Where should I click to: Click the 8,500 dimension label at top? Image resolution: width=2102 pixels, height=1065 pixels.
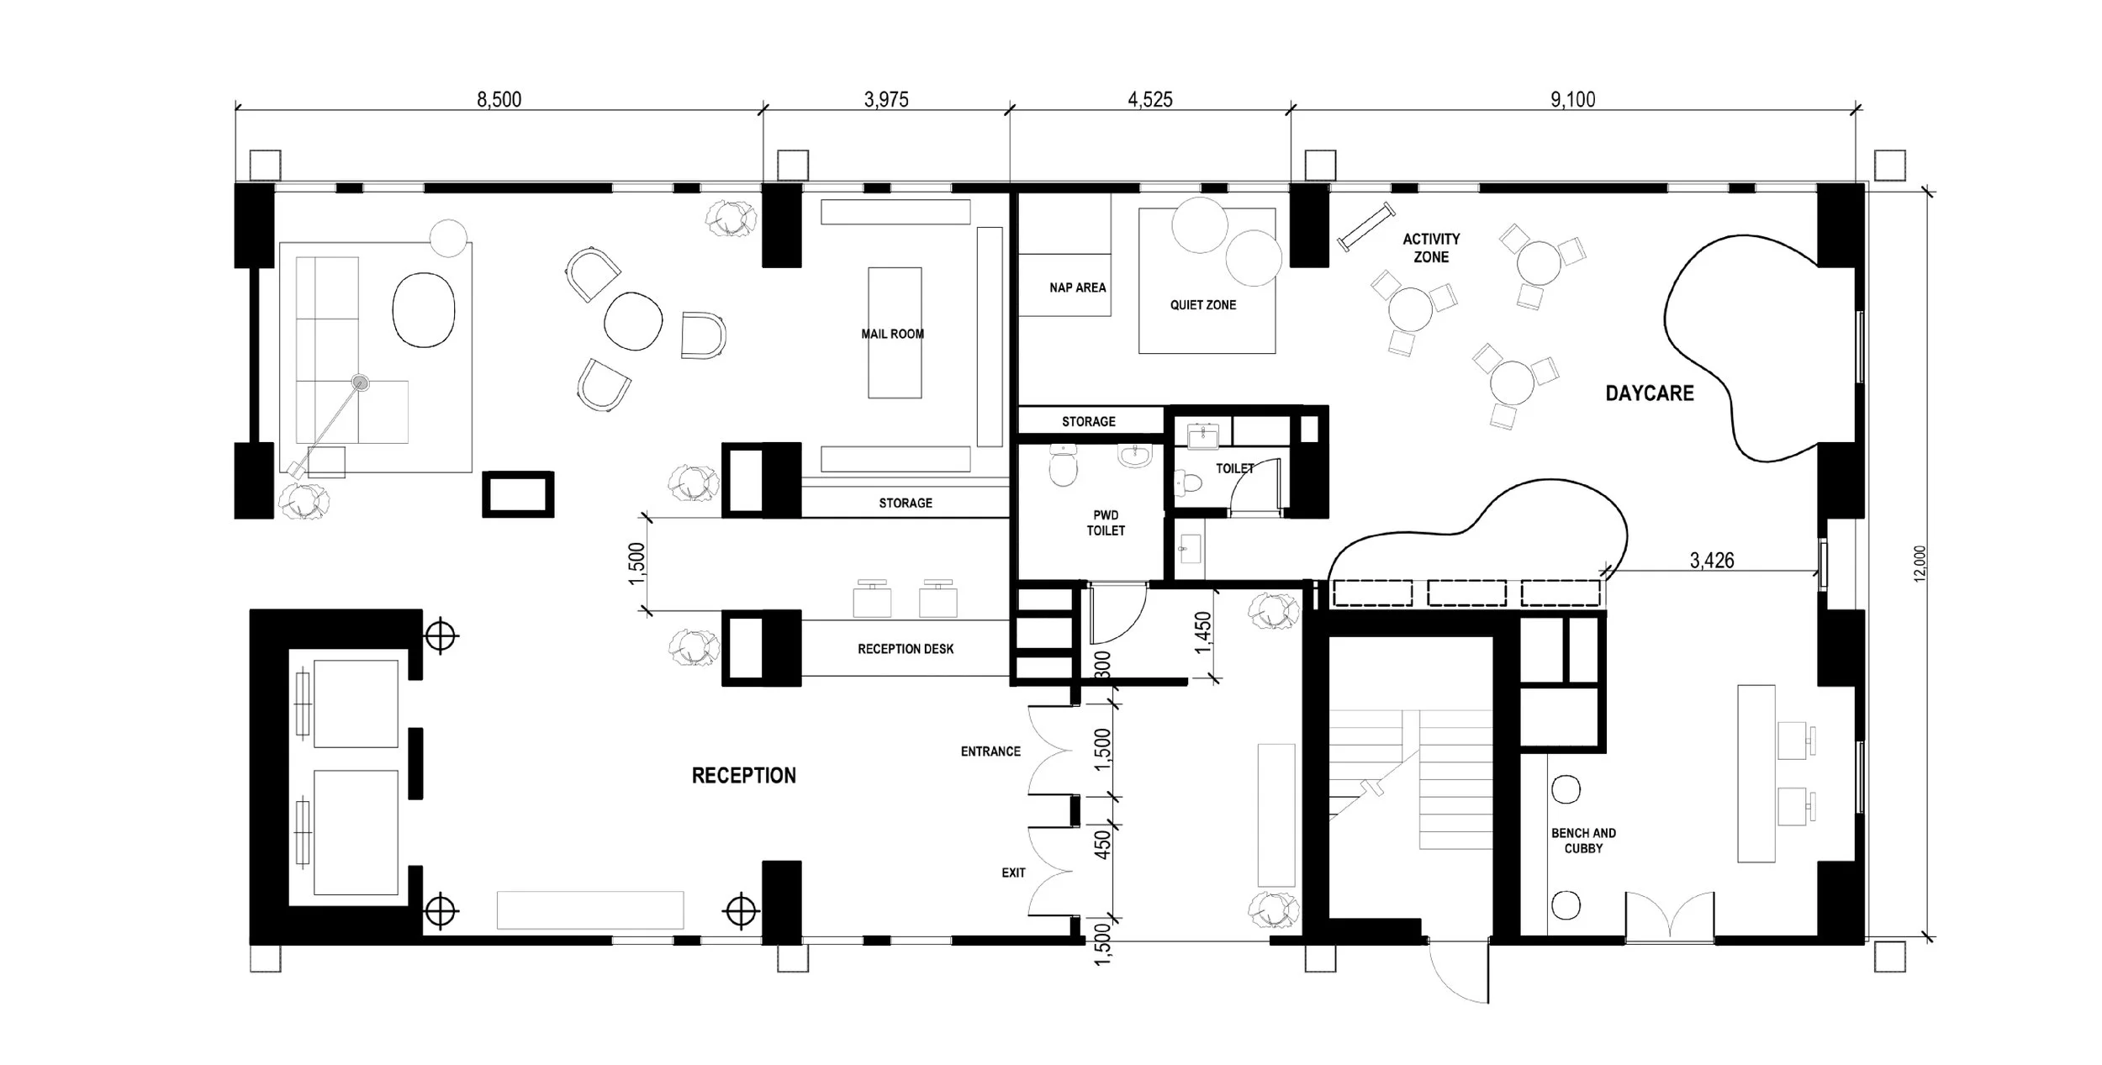pos(499,99)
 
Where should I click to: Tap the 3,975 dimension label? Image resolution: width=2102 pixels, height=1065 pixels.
pos(886,99)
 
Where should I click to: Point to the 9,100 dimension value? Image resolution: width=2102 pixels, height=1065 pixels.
pos(1572,99)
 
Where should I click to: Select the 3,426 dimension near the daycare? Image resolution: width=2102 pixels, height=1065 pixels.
pos(1712,560)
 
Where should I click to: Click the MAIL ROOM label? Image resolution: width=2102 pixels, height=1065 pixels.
pos(892,334)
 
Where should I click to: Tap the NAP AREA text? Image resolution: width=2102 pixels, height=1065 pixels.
pos(1077,287)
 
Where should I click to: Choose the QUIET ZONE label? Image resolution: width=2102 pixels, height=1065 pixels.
pos(1203,305)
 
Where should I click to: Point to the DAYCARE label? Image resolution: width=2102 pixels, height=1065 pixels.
pos(1650,393)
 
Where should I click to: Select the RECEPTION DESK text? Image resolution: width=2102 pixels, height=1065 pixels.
pos(906,649)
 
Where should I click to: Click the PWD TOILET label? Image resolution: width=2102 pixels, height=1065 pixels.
pos(1106,523)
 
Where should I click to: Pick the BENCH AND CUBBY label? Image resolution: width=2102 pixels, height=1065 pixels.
pos(1583,841)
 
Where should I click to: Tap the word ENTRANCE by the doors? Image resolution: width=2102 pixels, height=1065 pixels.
pos(990,751)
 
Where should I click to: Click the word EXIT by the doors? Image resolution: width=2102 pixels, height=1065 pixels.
pos(1013,873)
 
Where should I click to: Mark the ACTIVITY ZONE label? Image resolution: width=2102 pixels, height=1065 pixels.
pos(1431,248)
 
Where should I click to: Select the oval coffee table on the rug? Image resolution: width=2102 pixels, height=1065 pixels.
pos(424,309)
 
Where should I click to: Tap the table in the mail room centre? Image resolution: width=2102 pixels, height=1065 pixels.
pos(895,332)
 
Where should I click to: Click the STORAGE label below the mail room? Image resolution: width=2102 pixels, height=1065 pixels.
pos(906,503)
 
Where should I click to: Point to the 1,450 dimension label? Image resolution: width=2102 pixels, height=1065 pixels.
pos(1203,632)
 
